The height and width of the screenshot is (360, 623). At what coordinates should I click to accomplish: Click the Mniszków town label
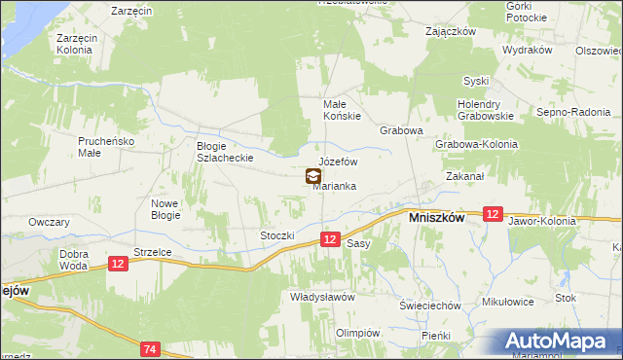coord(433,219)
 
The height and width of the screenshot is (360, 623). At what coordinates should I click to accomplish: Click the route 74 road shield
coord(149,348)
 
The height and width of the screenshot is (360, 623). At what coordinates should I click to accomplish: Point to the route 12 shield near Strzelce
coord(118,264)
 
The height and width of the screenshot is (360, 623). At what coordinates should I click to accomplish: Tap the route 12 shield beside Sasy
coord(330,239)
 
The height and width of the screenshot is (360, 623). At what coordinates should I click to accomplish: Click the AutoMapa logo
coord(563,342)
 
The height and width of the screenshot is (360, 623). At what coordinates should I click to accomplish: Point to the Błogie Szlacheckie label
coord(225,151)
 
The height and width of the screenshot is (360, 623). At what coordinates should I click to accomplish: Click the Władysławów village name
coord(321,297)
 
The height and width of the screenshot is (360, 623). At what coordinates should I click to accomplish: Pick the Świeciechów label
coord(429,305)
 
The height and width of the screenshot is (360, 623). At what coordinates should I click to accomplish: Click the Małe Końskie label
coord(342,109)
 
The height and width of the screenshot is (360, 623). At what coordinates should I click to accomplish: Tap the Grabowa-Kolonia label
coord(476,144)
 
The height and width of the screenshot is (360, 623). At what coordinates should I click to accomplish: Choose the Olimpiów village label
coord(356,332)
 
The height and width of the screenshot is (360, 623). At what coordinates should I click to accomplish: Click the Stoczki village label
coord(276,235)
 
